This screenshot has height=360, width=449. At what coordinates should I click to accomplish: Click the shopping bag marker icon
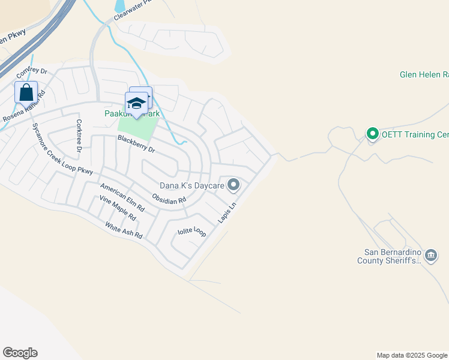pos(26,93)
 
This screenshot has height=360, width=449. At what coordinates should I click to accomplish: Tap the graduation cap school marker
pos(137,103)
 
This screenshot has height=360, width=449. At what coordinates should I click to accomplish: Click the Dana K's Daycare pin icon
pos(234,185)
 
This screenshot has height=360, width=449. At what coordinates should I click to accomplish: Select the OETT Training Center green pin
pos(372,134)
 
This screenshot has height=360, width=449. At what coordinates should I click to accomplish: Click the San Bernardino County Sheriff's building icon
pos(432,256)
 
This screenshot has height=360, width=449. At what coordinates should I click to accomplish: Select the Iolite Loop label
pos(191,232)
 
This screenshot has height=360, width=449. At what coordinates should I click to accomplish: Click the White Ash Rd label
pos(123,230)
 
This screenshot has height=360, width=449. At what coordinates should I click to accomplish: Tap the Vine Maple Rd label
pos(118,208)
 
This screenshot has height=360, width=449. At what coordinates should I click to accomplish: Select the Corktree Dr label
pos(79,135)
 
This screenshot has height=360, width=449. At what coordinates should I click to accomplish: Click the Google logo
pos(20,353)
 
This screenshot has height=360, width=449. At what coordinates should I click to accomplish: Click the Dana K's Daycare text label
pos(191,186)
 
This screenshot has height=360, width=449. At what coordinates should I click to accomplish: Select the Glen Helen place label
pos(424,75)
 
